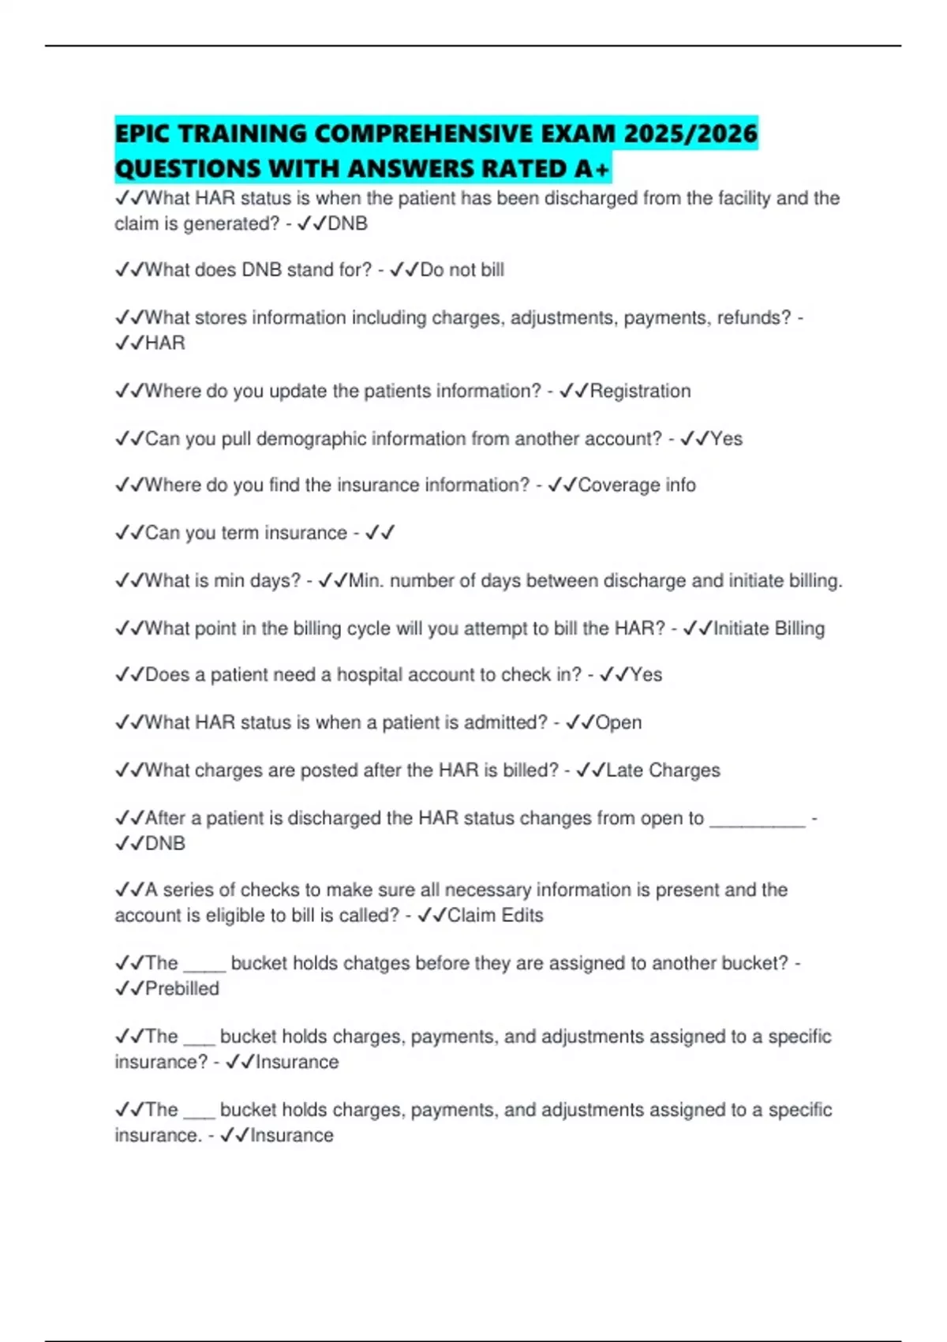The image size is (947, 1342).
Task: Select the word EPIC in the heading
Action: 144,134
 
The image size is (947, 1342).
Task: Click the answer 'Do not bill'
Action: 462,270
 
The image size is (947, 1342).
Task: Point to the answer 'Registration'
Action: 640,391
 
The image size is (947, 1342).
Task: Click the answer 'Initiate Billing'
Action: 769,628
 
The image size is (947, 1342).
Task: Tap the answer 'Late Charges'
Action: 663,770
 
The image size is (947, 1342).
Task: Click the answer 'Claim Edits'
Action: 495,915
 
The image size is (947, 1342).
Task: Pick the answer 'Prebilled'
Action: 182,988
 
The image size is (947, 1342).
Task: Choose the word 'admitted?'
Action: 506,722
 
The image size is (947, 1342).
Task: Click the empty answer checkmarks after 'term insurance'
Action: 380,533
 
